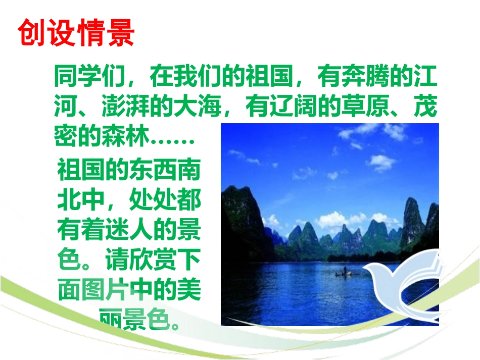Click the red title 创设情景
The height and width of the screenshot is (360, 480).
76,33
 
